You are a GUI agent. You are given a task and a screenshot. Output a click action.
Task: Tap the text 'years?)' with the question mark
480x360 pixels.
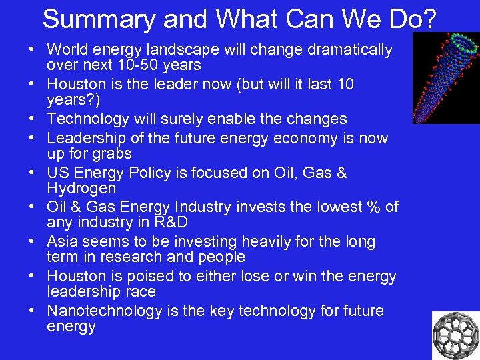tap(71, 100)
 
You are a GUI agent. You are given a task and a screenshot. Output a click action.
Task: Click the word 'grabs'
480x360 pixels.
tap(113, 154)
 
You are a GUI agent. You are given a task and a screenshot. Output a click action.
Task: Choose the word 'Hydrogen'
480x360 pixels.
tap(81, 189)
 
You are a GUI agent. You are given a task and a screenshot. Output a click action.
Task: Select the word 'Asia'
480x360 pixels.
tap(63, 241)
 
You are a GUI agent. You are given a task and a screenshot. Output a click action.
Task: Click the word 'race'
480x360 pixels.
tap(141, 292)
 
